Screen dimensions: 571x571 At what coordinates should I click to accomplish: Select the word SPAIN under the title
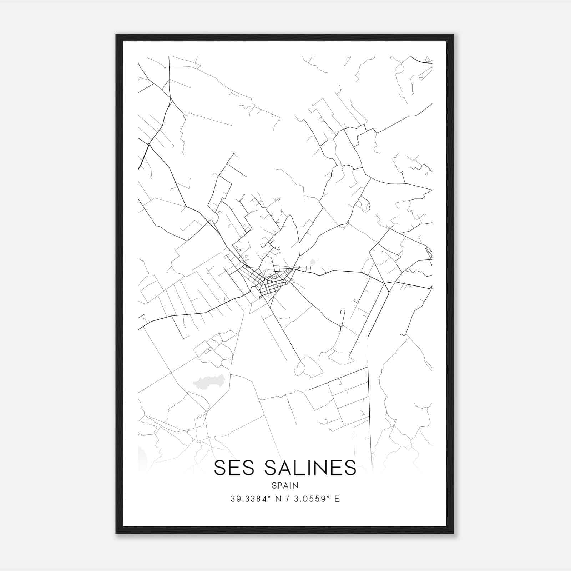click(285, 486)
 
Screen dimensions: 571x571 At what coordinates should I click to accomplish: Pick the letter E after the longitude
click(337, 499)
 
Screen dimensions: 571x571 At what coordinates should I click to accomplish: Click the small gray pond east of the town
click(313, 261)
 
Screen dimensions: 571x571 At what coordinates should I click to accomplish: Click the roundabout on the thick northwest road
click(148, 144)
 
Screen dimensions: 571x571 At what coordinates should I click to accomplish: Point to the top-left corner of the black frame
click(117, 35)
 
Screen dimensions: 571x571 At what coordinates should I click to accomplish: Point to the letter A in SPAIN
click(285, 486)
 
